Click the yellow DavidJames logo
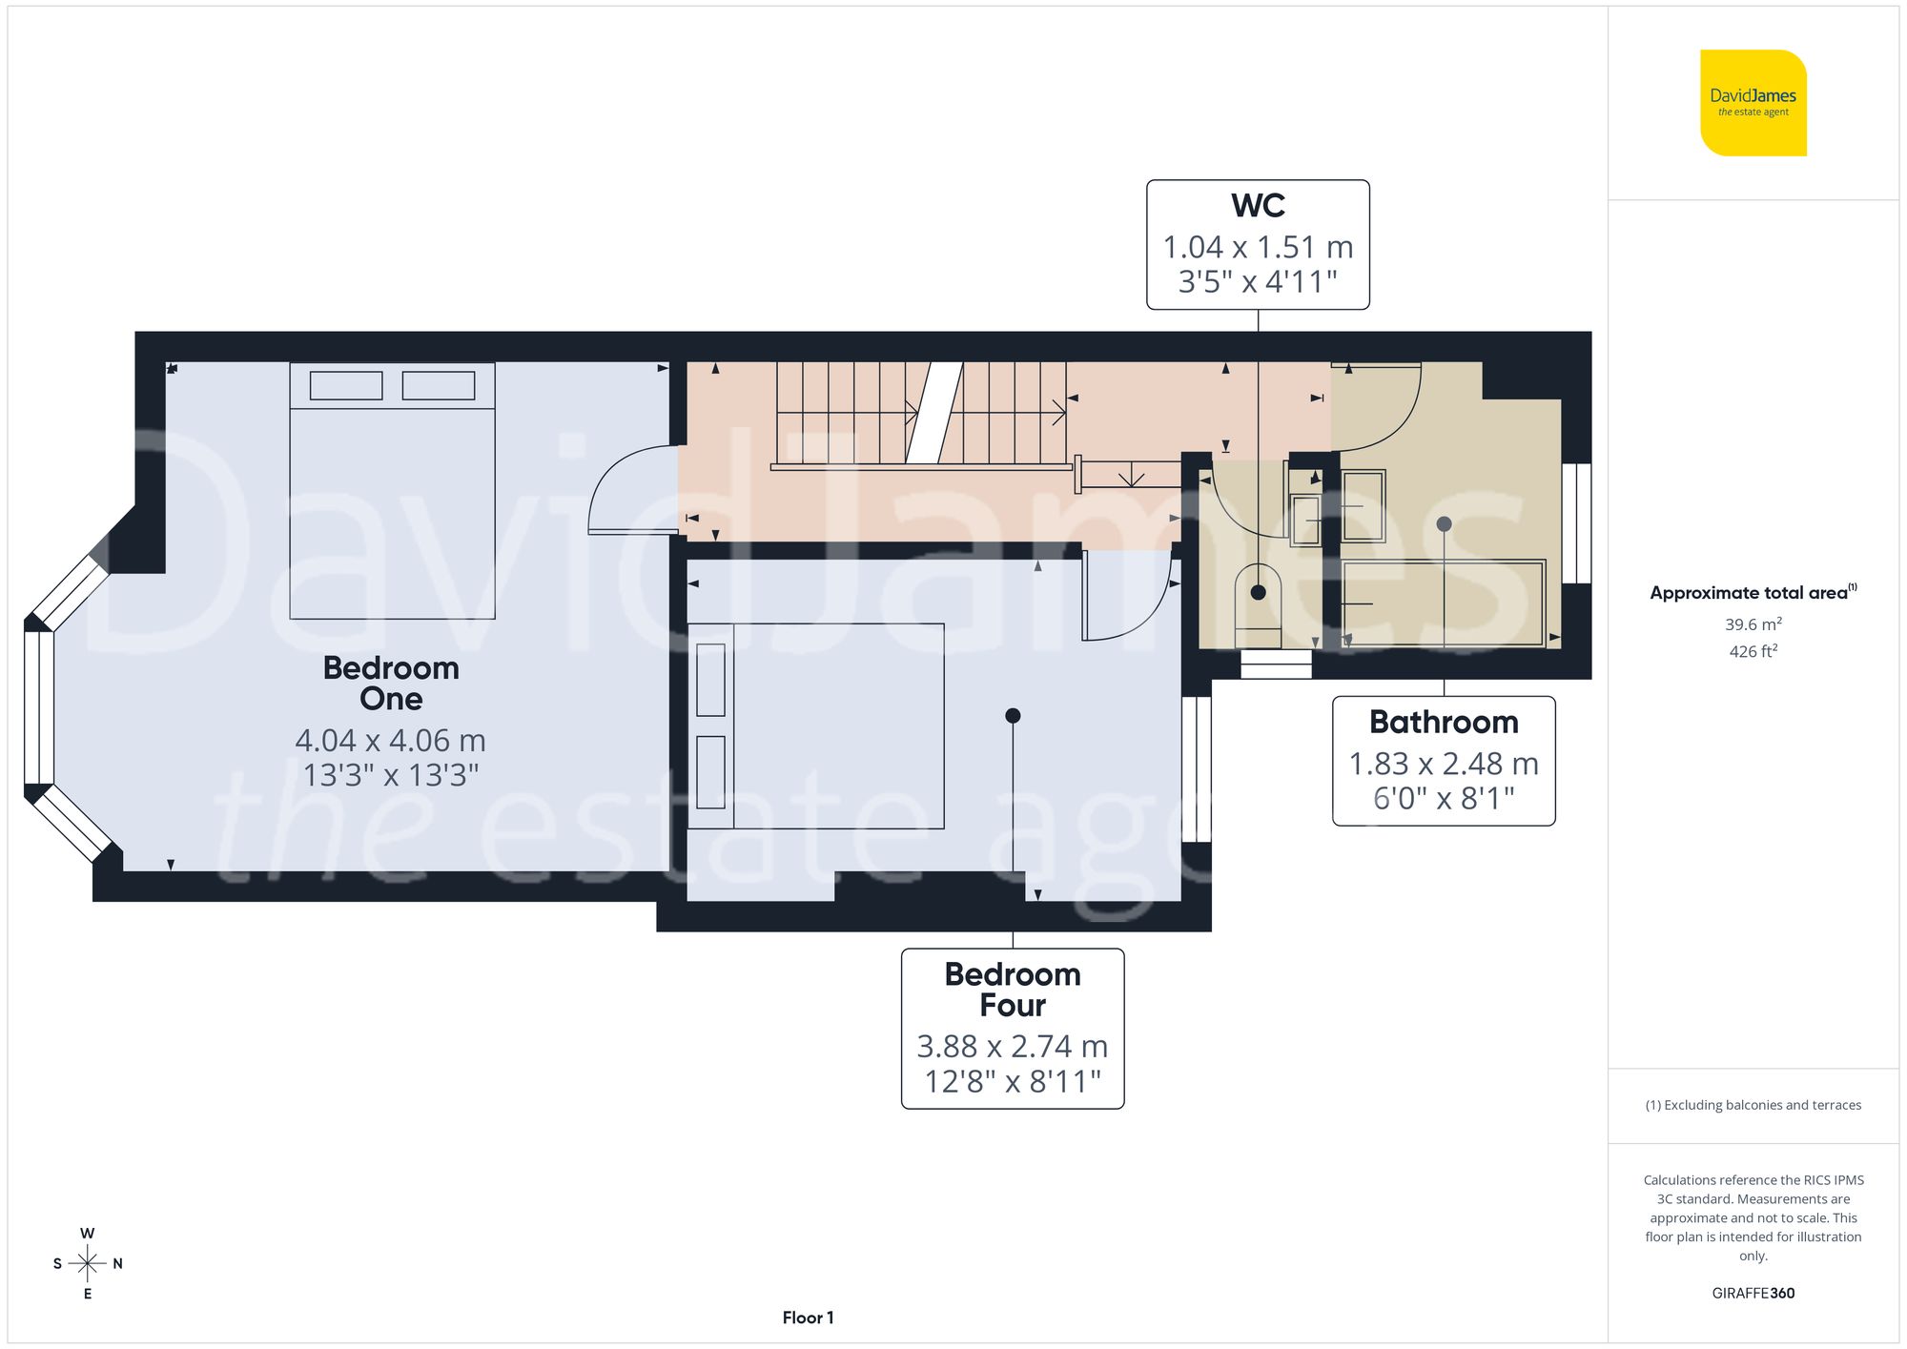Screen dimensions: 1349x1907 tap(1753, 103)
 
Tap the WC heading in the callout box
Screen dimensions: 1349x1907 tap(1258, 206)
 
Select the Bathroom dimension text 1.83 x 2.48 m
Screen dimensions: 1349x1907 tap(1443, 764)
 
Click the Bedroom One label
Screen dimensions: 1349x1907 tap(391, 683)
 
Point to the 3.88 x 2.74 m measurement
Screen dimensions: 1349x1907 tap(1012, 1047)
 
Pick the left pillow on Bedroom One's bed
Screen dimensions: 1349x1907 tap(346, 385)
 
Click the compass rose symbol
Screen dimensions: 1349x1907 tap(87, 1264)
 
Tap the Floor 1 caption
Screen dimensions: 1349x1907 tap(808, 1318)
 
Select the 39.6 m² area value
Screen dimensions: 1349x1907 tap(1753, 624)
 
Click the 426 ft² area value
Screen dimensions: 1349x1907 tap(1753, 651)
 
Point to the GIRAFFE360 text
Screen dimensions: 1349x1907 tap(1753, 1293)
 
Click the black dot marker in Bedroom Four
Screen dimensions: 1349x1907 tap(1013, 715)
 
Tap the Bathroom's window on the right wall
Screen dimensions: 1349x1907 tap(1576, 522)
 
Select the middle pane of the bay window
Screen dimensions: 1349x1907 tap(39, 706)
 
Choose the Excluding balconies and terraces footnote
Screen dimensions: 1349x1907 tap(1753, 1105)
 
